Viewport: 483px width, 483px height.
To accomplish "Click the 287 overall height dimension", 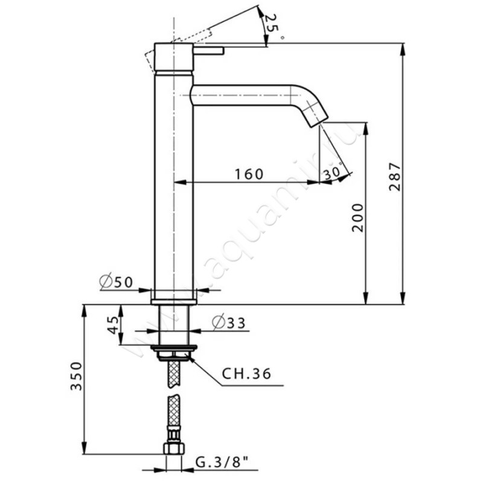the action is point(395,176).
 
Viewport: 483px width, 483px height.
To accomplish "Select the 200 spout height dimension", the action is point(358,217).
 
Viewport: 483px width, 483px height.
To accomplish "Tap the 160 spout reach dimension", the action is point(249,174).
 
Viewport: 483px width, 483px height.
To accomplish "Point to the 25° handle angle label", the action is point(271,24).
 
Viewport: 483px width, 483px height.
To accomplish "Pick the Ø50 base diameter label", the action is point(116,282).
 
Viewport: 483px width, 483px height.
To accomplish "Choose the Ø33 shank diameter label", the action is point(229,323).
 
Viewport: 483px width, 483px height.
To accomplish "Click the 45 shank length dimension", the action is point(113,325).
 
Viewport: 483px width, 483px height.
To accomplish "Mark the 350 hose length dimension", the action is point(76,376).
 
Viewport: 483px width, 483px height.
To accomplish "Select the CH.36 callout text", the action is point(246,374).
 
